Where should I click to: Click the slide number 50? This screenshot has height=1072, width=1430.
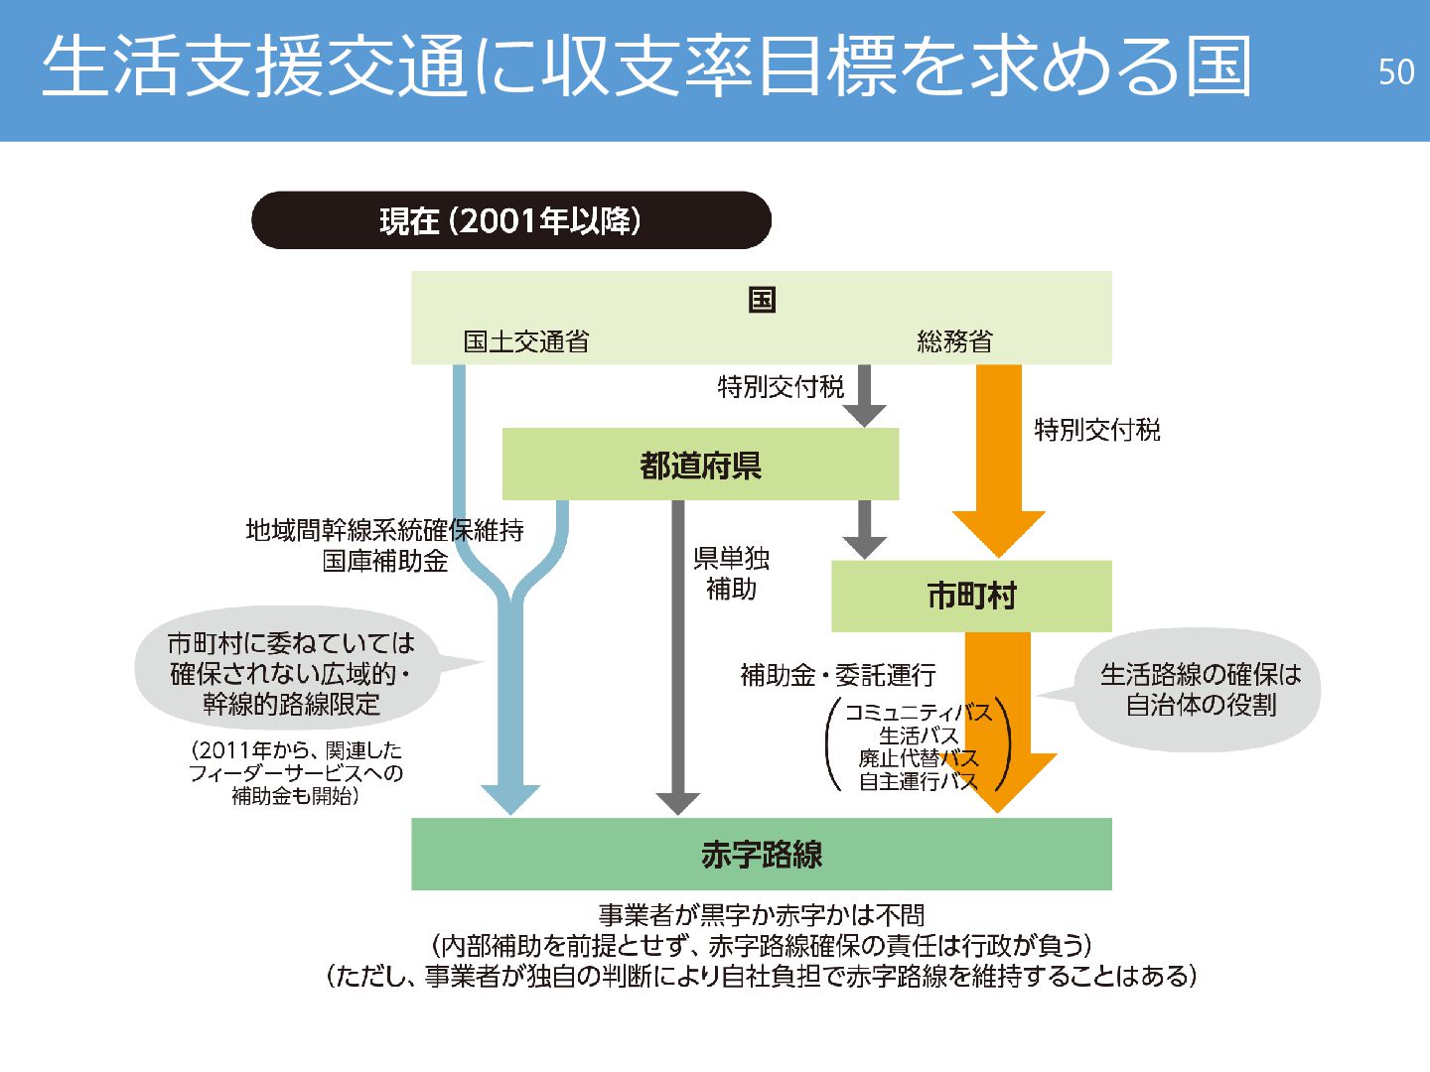coord(1395,71)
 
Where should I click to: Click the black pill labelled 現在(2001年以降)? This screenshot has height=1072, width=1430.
coord(510,220)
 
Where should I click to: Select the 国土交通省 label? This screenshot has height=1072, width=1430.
coord(525,341)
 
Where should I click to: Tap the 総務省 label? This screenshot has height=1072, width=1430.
coord(954,341)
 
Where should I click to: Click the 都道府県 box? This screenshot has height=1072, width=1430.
coord(700,465)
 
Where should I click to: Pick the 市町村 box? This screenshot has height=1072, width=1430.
coord(970,596)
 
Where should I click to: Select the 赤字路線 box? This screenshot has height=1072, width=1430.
coord(761,854)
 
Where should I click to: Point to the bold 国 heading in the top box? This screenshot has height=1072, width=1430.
coord(762,299)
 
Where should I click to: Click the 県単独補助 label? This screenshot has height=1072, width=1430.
coord(731,573)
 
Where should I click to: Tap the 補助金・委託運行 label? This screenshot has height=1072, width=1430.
coord(838,676)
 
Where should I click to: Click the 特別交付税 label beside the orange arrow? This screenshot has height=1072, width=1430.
coord(1096,430)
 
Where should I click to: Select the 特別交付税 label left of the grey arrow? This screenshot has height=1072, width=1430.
coord(781,386)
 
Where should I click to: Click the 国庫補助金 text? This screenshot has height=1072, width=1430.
coord(385,561)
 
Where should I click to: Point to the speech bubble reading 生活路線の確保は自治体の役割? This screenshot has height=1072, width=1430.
coord(1200,689)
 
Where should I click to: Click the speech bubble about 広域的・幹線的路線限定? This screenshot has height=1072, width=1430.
coord(290,673)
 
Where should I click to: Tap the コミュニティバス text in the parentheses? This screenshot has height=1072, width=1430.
coord(918,712)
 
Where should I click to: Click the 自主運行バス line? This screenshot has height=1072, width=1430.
coord(918,781)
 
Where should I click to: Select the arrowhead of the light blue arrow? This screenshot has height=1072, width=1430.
coord(510,798)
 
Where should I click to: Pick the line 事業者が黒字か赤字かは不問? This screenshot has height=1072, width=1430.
coord(761,914)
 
